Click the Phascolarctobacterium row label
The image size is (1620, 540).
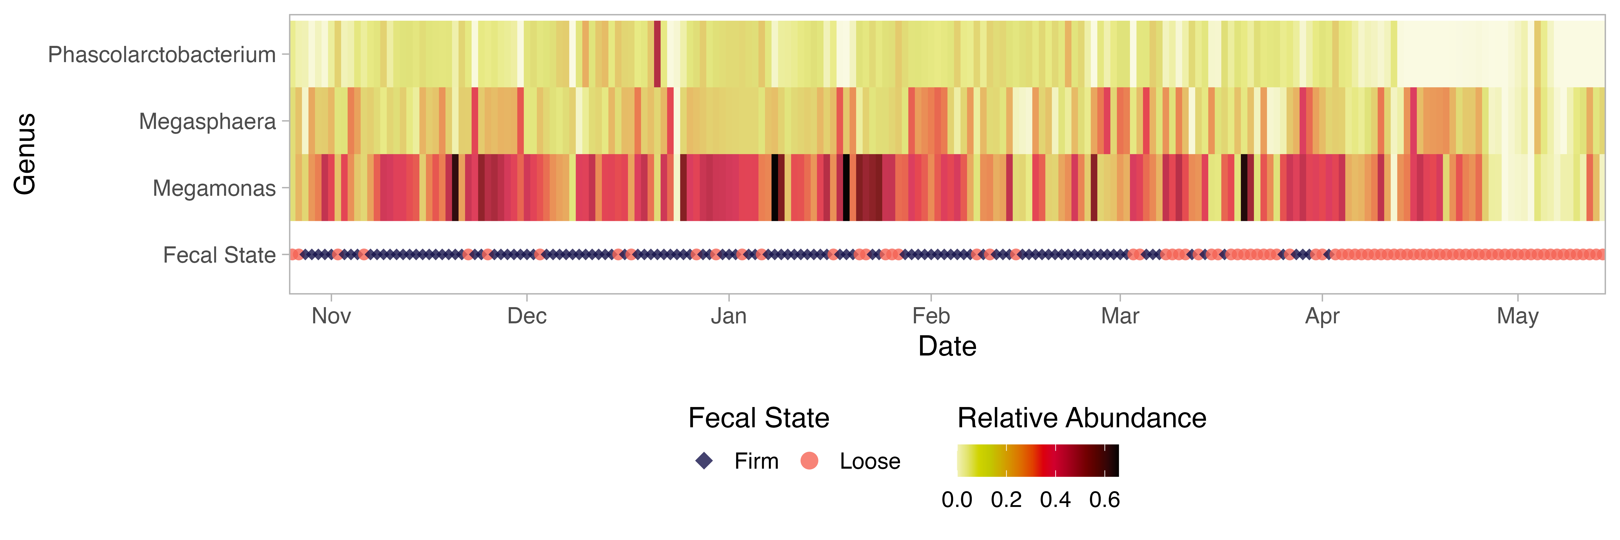tap(162, 55)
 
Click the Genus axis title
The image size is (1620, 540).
tap(25, 154)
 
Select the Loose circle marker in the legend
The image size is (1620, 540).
tap(809, 461)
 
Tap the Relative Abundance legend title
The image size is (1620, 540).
tap(1082, 418)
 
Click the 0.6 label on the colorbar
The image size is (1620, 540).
tap(1104, 500)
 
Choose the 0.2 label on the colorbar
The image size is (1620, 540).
tap(1006, 500)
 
